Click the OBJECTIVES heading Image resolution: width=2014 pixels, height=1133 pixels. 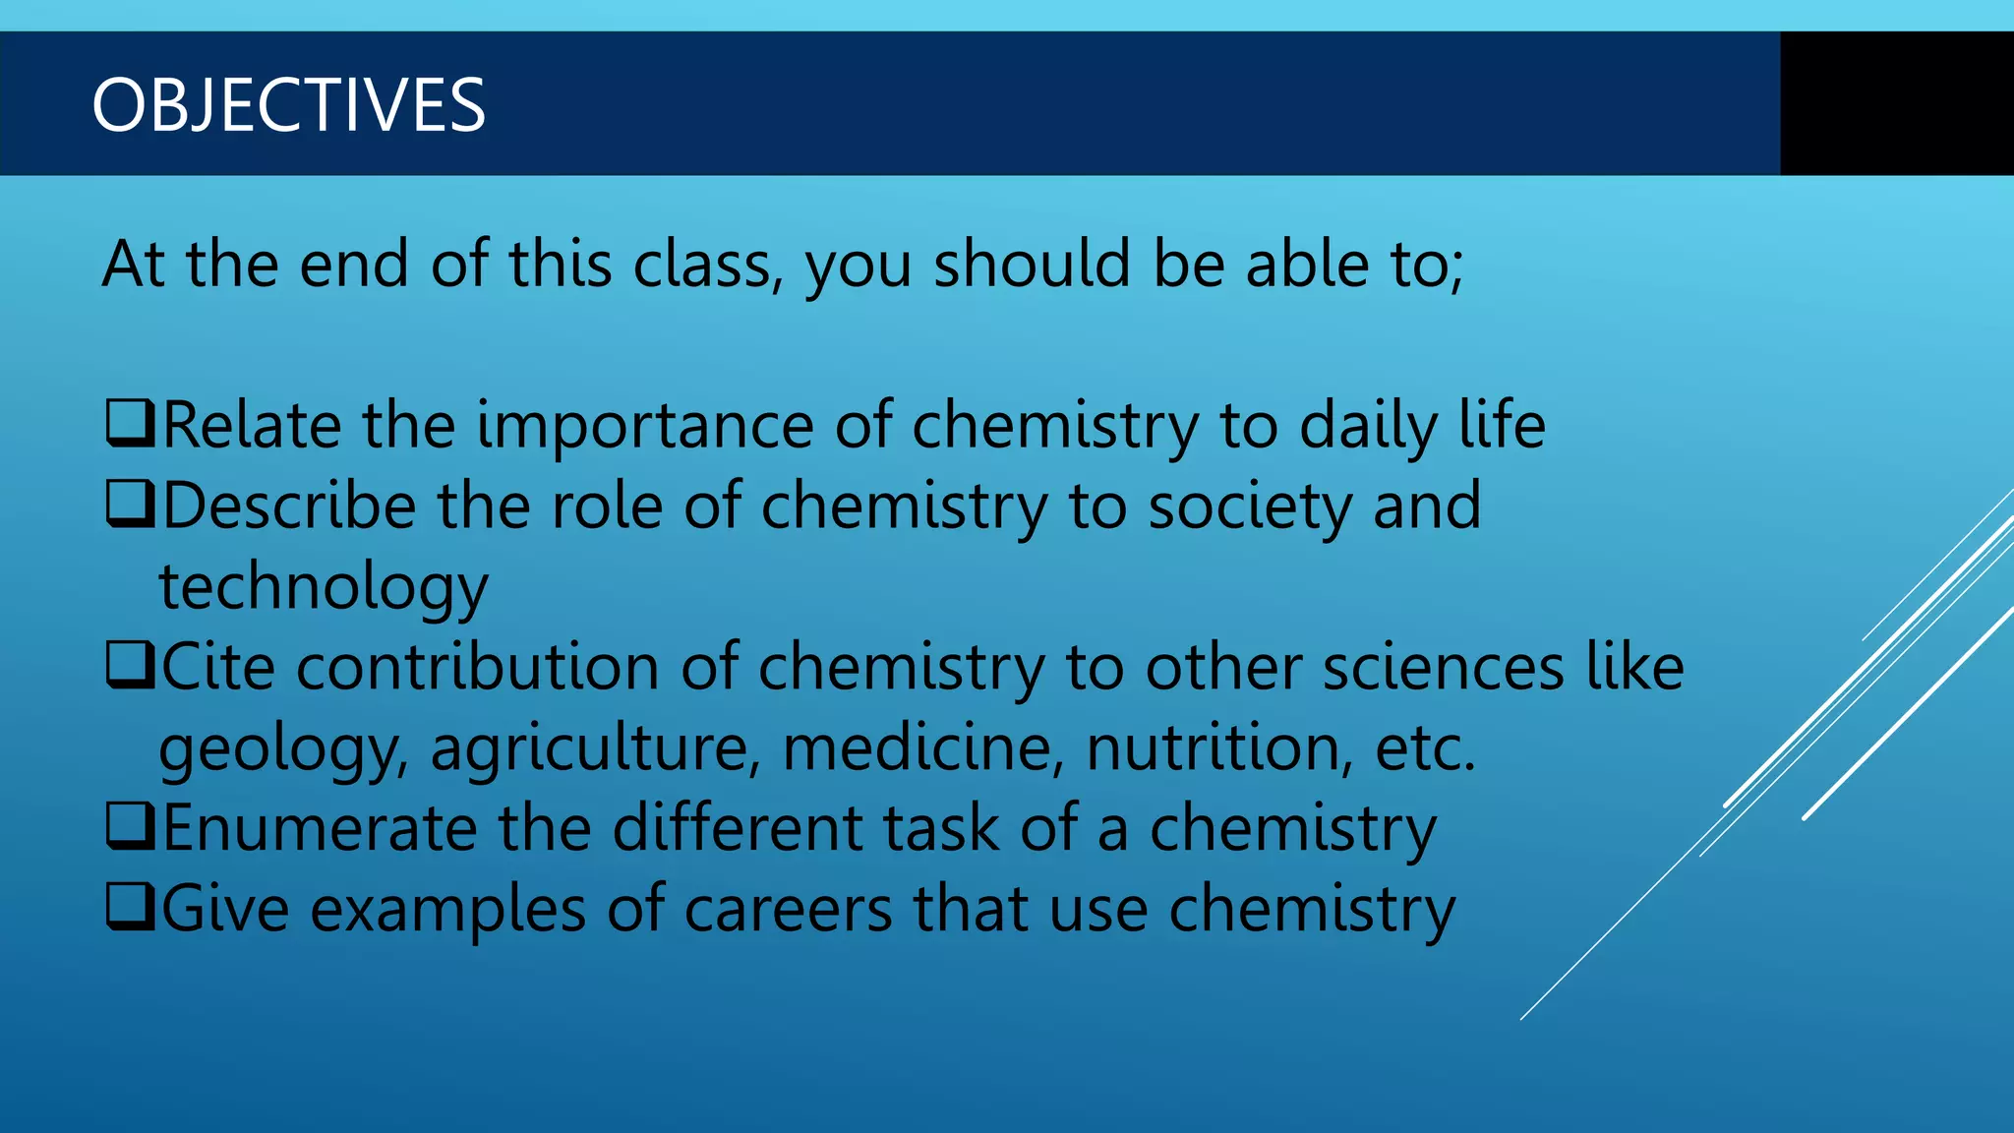288,105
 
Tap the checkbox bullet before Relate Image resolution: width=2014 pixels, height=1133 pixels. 130,424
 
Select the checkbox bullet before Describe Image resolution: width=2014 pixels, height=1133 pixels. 130,505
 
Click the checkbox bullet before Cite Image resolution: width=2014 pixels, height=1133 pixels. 130,666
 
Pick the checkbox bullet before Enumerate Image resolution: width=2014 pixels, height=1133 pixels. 130,827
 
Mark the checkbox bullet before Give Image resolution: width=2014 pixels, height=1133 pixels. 130,908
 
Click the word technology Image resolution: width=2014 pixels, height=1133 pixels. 324,587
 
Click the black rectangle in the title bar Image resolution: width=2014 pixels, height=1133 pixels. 1896,103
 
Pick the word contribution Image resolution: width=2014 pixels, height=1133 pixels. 478,667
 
